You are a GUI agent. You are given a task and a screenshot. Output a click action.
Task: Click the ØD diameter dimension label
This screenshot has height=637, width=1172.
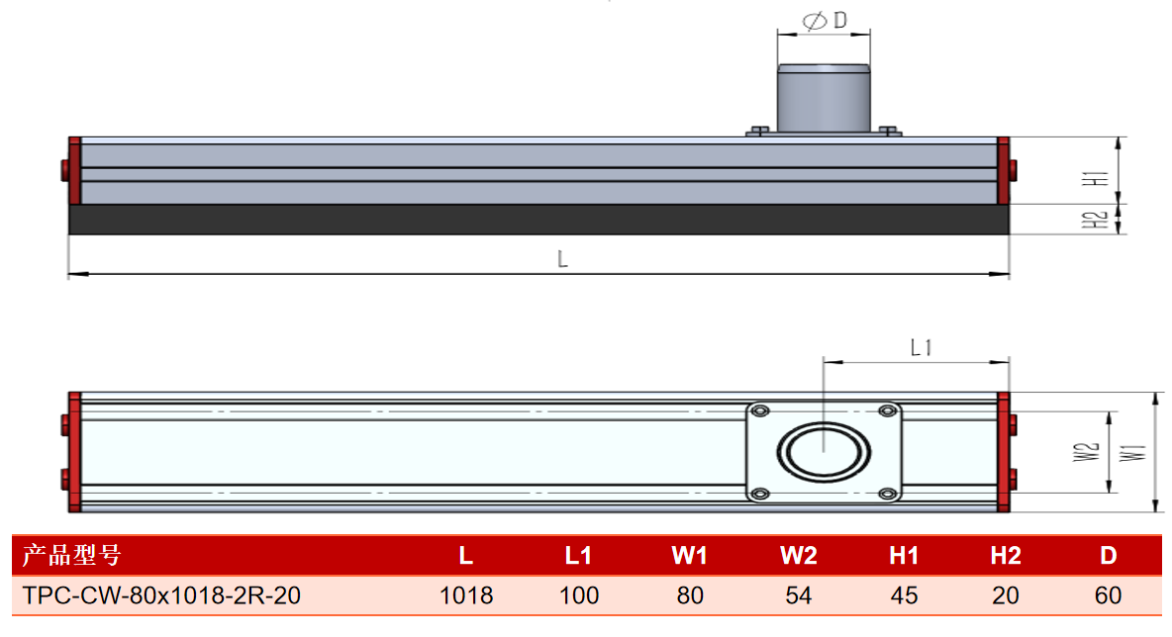tap(825, 20)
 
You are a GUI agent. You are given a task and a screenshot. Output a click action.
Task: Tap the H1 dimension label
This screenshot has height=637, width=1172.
tap(1096, 178)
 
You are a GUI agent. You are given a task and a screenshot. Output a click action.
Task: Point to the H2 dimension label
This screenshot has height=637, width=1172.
tap(1095, 221)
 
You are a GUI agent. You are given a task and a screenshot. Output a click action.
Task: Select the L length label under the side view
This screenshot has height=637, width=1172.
tap(562, 259)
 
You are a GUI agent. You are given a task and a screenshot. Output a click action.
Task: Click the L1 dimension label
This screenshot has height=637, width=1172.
tap(921, 347)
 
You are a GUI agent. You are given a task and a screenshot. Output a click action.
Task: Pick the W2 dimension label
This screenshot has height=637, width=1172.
tap(1086, 452)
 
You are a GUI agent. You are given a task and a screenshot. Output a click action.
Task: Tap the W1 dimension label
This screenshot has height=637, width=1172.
tap(1132, 453)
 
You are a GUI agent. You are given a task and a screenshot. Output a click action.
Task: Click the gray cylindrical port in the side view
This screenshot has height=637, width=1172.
tap(824, 99)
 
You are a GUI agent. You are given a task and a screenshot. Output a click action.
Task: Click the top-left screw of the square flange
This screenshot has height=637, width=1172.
tap(760, 410)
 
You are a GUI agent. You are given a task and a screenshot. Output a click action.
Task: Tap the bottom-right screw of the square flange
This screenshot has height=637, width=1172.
tap(887, 494)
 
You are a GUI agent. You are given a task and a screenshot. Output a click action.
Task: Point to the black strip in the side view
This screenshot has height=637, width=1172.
tap(538, 220)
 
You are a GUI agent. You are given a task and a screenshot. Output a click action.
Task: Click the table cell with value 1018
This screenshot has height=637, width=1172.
tap(465, 595)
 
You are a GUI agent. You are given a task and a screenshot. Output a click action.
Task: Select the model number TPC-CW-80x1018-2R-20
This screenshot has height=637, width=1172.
tap(161, 595)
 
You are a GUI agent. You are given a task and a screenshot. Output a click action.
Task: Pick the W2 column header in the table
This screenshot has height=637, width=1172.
tap(798, 556)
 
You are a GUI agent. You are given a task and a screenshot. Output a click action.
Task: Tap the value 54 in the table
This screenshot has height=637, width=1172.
tap(798, 595)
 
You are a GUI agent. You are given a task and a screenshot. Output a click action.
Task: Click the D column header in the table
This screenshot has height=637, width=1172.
tap(1108, 556)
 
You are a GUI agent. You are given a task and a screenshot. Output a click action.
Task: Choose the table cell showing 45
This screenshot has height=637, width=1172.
tap(904, 595)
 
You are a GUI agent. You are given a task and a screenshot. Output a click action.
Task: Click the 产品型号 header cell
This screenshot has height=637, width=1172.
tap(71, 556)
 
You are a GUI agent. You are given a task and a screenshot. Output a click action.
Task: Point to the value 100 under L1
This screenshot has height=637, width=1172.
tap(578, 595)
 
